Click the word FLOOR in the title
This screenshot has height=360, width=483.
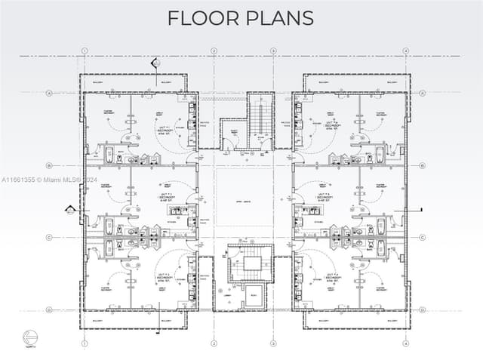[x=200, y=18]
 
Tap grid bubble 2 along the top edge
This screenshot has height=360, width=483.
[x=214, y=51]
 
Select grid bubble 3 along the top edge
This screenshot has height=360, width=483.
[x=273, y=51]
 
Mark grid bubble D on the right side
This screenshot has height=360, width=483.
[x=421, y=309]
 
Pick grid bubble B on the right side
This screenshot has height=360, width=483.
[x=421, y=165]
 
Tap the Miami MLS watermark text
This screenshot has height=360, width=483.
[x=49, y=180]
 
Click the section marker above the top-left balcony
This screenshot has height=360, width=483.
[x=155, y=63]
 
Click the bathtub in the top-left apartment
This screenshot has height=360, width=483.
[x=109, y=156]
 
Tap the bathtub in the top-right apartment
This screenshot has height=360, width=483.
[x=380, y=156]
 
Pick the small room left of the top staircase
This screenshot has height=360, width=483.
[x=233, y=134]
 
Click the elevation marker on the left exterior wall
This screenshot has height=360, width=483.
[x=71, y=209]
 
